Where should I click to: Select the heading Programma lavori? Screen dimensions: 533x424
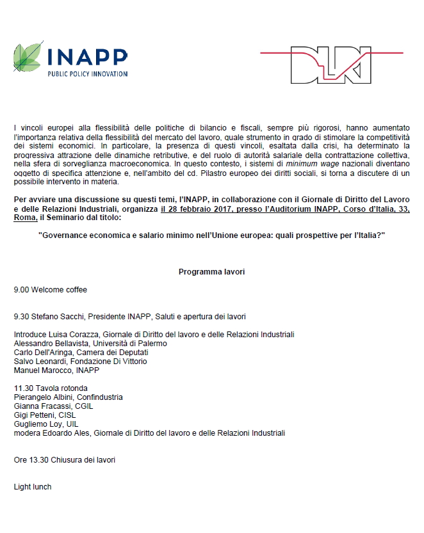(x=211, y=272)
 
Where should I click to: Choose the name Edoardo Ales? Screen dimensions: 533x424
(x=66, y=433)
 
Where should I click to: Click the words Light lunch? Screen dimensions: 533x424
(x=33, y=487)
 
